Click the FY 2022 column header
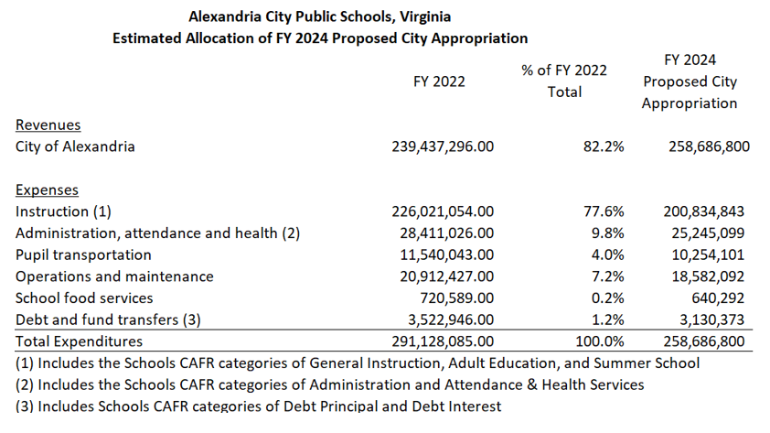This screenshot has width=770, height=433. tap(439, 81)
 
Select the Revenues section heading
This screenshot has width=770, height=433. tap(48, 124)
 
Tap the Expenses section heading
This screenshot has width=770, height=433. tap(47, 190)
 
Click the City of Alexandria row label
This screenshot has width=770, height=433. tap(75, 146)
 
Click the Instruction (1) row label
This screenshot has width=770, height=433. tap(63, 211)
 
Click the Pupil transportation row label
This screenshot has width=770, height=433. tap(83, 254)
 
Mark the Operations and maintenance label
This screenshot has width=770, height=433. tap(114, 276)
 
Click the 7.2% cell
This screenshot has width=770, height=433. tap(608, 276)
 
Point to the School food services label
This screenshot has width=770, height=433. tap(84, 298)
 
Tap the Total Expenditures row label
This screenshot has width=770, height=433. tap(79, 341)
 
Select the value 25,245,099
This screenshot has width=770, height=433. tap(702, 233)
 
